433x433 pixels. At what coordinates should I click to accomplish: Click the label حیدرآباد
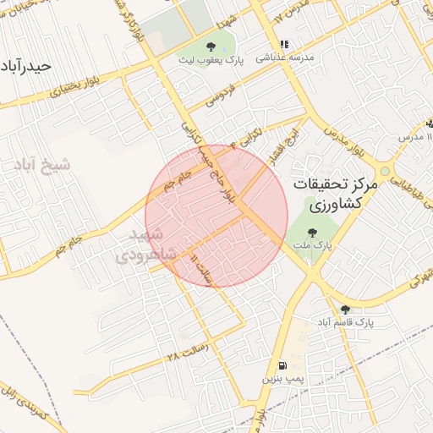pyautogui.click(x=27, y=65)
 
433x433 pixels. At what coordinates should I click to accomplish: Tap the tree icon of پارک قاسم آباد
pyautogui.click(x=344, y=310)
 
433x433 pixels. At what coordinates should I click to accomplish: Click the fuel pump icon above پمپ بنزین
pyautogui.click(x=281, y=365)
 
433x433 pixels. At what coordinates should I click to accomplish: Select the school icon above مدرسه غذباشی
pyautogui.click(x=284, y=44)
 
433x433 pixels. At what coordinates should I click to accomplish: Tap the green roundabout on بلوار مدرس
pyautogui.click(x=385, y=171)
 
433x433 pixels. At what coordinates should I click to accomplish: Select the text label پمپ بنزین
pyautogui.click(x=281, y=379)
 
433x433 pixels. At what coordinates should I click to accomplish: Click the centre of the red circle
pyautogui.click(x=216, y=216)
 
